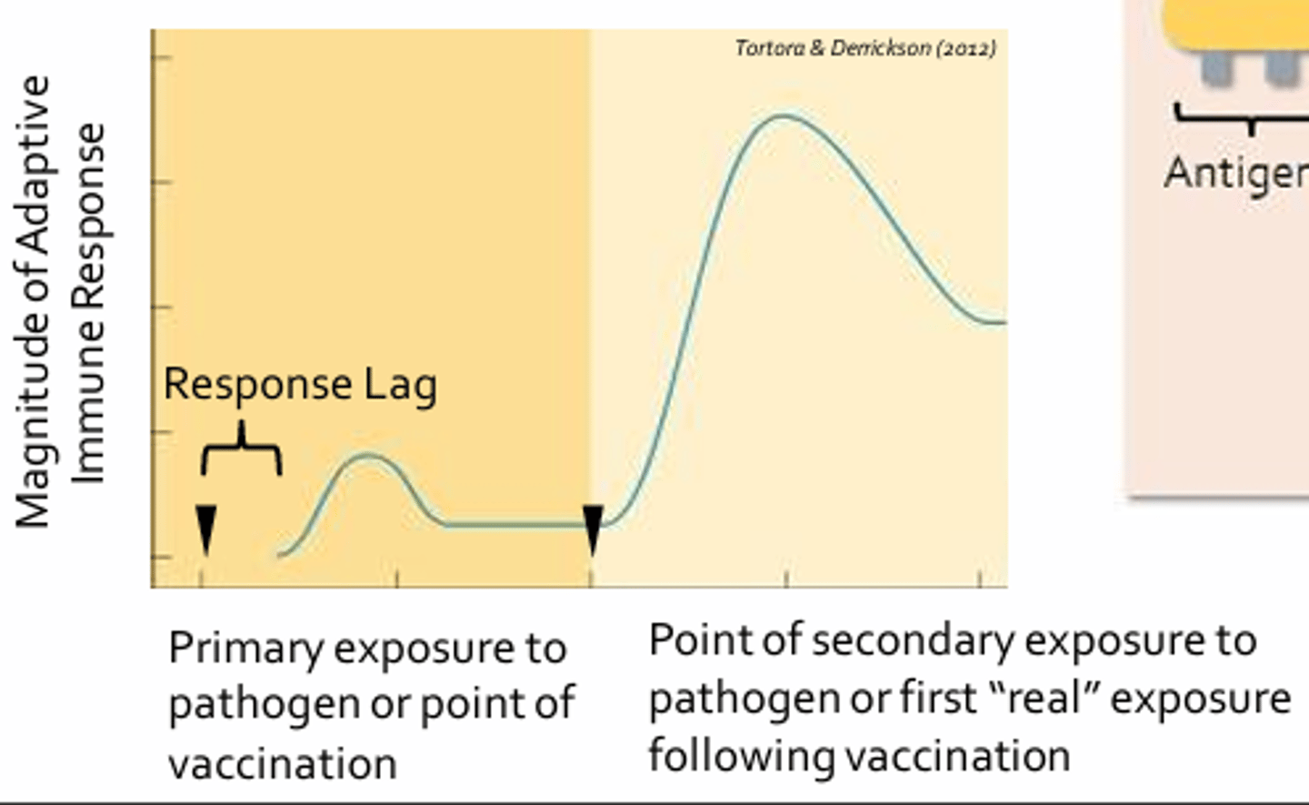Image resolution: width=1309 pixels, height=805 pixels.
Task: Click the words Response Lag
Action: pyautogui.click(x=300, y=384)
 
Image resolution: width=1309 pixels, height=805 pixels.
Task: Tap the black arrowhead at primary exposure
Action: pyautogui.click(x=206, y=528)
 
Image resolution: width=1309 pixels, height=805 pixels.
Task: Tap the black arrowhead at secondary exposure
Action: pyautogui.click(x=593, y=528)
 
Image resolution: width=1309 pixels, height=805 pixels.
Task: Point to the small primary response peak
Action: pyautogui.click(x=367, y=455)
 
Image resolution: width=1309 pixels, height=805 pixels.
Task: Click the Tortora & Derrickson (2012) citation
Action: pyautogui.click(x=864, y=48)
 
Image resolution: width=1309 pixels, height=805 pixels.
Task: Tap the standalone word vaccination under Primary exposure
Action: pyautogui.click(x=283, y=764)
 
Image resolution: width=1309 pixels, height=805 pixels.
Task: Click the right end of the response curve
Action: pyautogui.click(x=1002, y=322)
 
